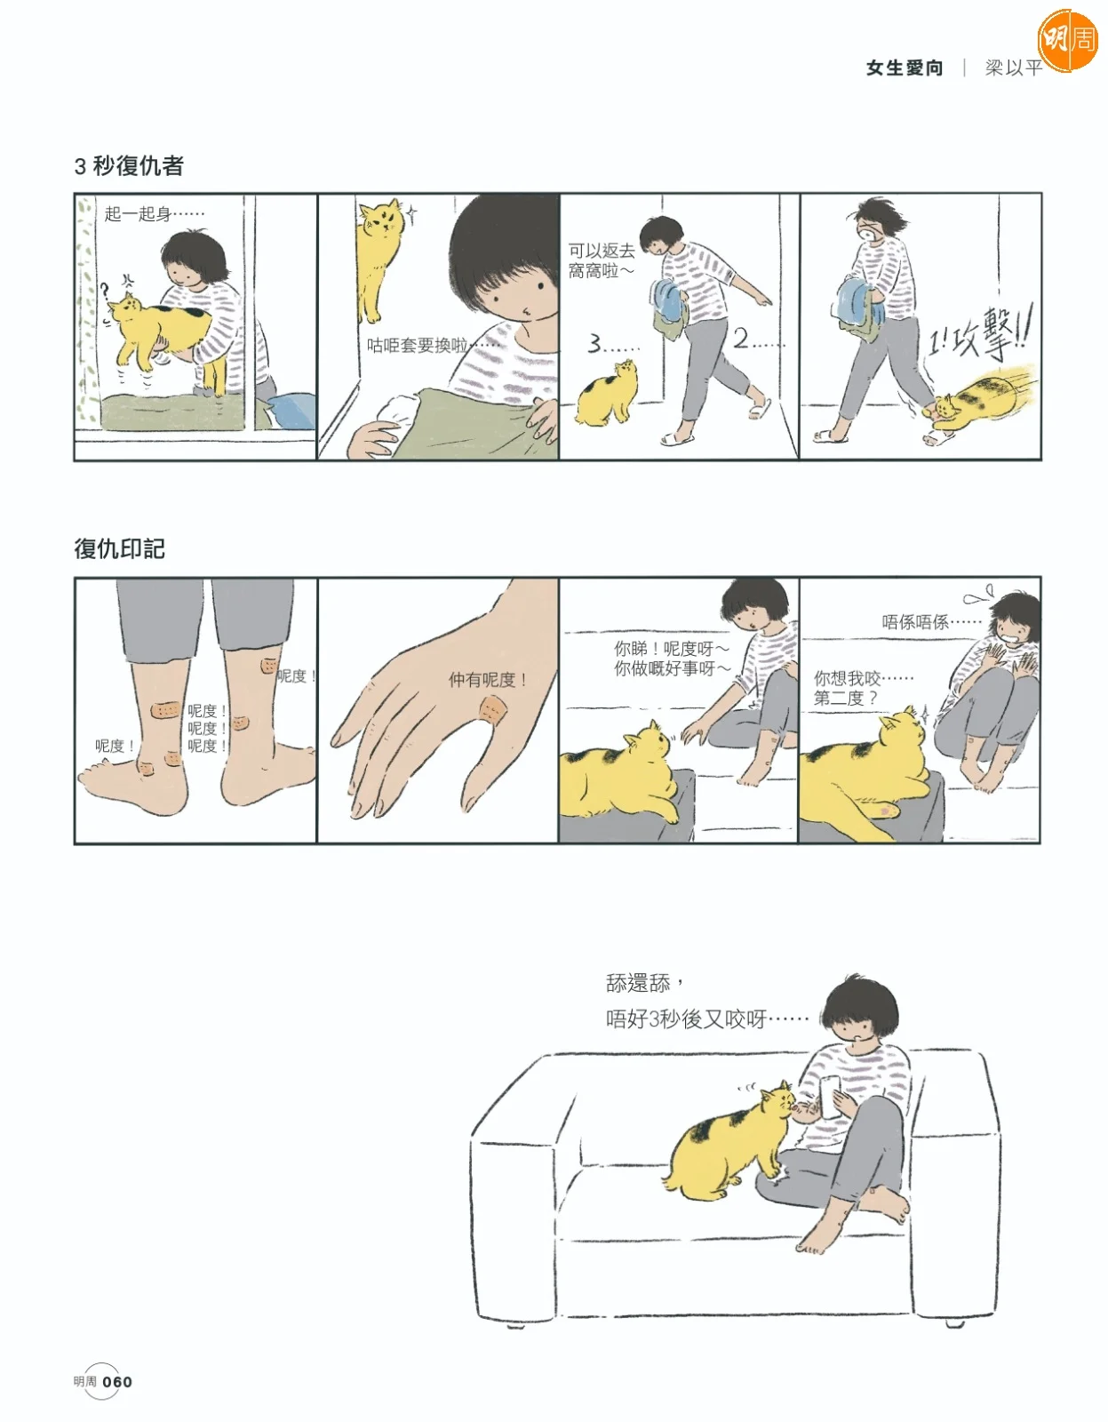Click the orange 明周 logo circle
click(1068, 40)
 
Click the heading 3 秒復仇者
click(129, 166)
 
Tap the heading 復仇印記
click(119, 548)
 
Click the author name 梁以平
click(1013, 68)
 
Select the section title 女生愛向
click(904, 68)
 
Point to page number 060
click(118, 1381)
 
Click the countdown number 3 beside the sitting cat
click(594, 344)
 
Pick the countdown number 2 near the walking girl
click(741, 339)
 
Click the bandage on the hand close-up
click(493, 709)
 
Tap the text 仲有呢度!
click(488, 680)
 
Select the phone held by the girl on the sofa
click(829, 1096)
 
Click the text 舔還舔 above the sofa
click(638, 984)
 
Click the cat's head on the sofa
click(777, 1102)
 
